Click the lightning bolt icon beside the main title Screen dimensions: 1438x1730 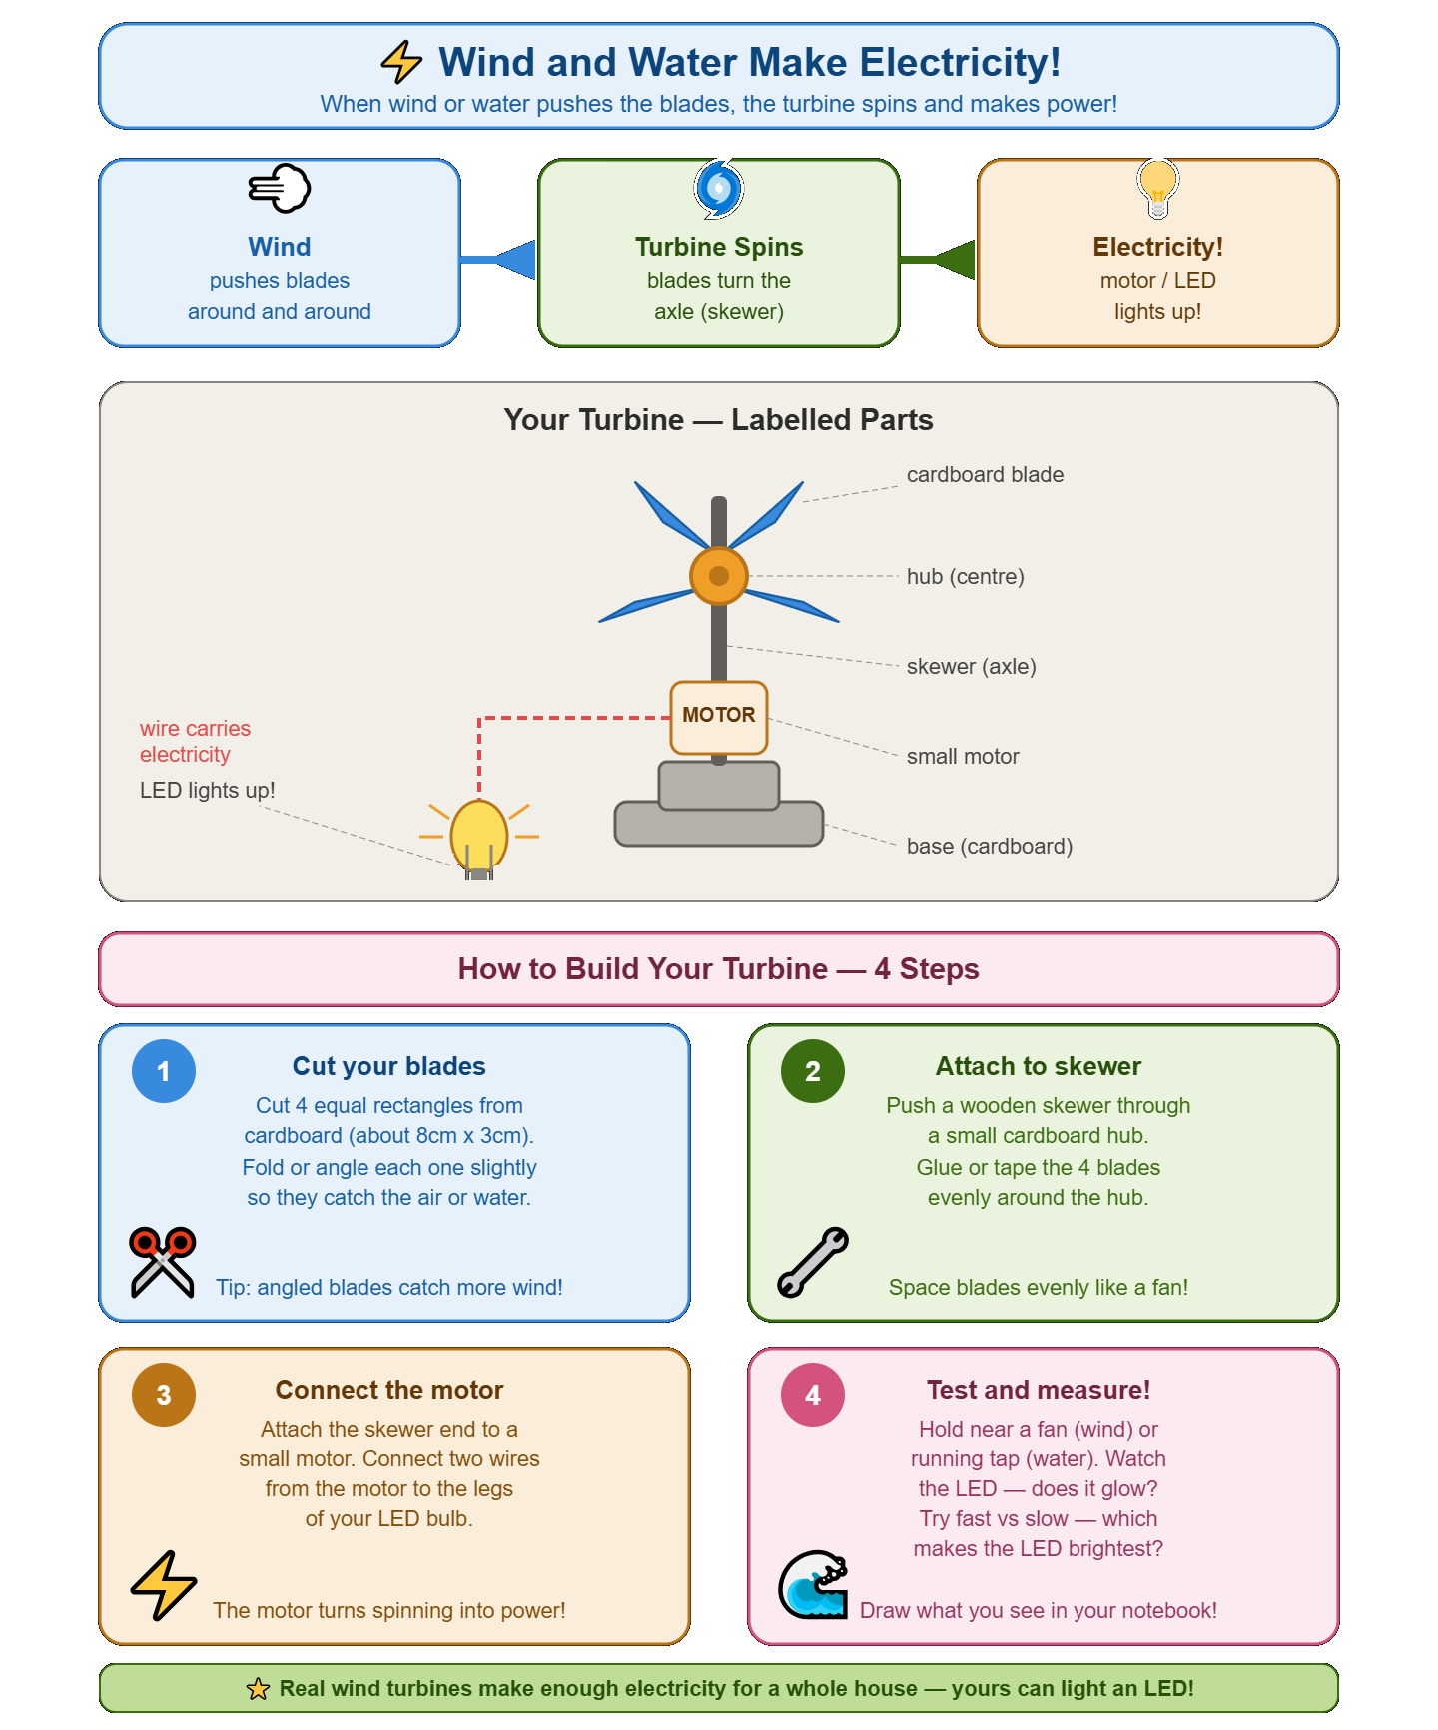click(x=401, y=62)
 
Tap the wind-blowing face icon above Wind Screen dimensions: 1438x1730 click(x=280, y=188)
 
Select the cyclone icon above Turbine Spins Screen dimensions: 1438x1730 click(x=719, y=188)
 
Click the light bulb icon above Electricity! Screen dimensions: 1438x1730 click(x=1158, y=188)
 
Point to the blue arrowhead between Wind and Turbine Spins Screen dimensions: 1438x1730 click(x=515, y=260)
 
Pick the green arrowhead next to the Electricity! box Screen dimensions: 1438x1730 click(x=955, y=260)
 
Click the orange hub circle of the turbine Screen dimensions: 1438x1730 click(x=719, y=576)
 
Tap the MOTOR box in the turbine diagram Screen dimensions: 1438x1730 click(x=719, y=717)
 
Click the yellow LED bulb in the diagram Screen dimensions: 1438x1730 click(x=479, y=837)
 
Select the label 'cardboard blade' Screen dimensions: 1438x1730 click(x=985, y=475)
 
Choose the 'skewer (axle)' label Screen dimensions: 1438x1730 click(x=971, y=667)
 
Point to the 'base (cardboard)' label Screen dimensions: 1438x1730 click(x=989, y=847)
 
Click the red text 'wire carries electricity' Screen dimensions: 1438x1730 click(x=195, y=741)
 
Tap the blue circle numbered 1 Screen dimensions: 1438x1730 click(x=164, y=1071)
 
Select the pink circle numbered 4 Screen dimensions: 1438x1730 click(x=813, y=1395)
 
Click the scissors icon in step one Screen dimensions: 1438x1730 click(x=163, y=1262)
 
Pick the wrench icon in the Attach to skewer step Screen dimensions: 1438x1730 click(x=813, y=1262)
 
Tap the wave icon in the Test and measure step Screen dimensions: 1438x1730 click(x=813, y=1584)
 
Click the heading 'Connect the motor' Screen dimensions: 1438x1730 click(x=389, y=1390)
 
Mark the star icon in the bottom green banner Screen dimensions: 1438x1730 click(x=258, y=1689)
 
